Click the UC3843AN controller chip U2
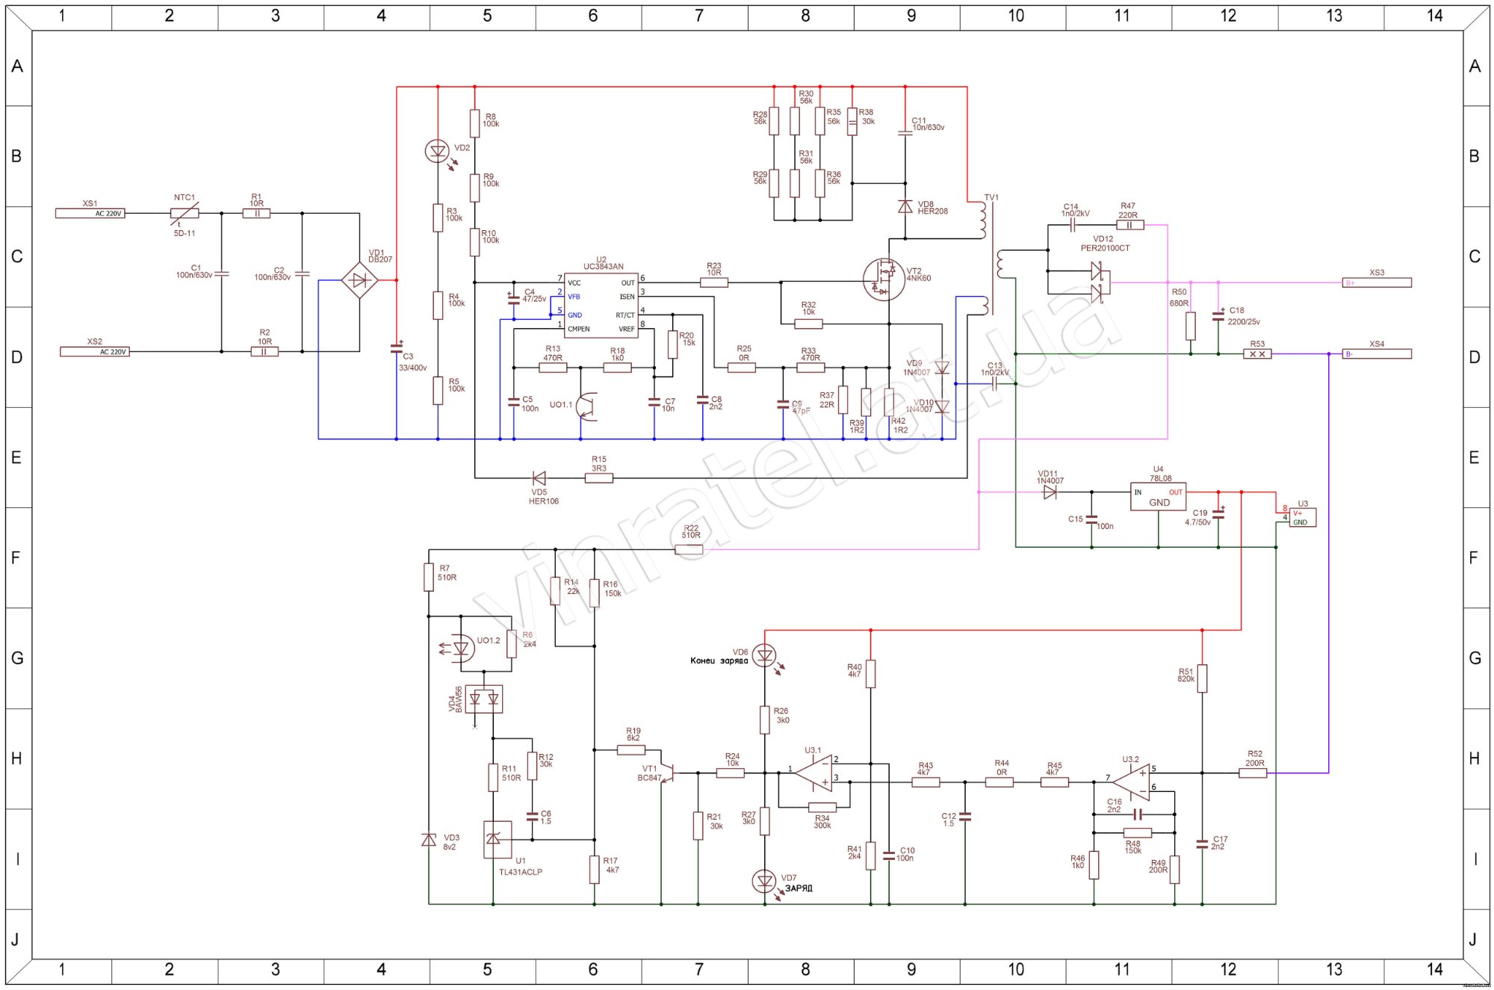tap(601, 305)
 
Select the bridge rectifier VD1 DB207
tap(359, 280)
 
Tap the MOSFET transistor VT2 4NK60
tap(883, 279)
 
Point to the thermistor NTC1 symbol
tap(185, 214)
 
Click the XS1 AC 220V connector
tap(90, 214)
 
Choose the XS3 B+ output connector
tap(1377, 282)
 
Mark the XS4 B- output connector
tap(1377, 354)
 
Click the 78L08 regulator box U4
tap(1158, 497)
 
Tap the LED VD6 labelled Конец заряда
tap(764, 656)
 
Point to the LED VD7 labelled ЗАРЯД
tap(764, 882)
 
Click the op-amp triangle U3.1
tap(815, 773)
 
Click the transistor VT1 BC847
tap(667, 773)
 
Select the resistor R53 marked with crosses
tap(1257, 354)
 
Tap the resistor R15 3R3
tap(598, 478)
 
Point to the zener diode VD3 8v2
tap(429, 841)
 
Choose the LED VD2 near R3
tap(437, 152)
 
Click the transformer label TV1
tap(991, 198)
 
